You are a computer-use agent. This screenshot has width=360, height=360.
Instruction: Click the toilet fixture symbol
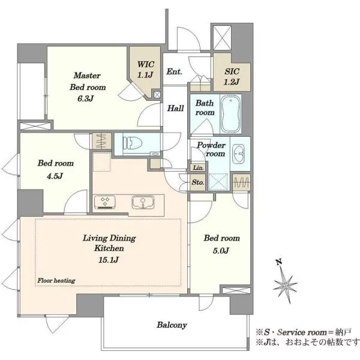(132, 143)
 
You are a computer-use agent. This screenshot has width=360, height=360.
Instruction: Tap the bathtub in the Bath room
(230, 113)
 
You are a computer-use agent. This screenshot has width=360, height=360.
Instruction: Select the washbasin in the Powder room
(239, 154)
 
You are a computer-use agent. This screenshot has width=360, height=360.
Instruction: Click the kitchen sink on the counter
(143, 202)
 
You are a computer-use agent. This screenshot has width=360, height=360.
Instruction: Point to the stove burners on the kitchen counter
(105, 202)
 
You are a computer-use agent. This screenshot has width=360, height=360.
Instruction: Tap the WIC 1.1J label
(145, 70)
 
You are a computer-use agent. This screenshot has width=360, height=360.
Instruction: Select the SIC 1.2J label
(232, 76)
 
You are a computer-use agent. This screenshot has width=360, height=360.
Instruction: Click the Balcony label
(172, 325)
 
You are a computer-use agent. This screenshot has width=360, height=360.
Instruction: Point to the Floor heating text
(56, 280)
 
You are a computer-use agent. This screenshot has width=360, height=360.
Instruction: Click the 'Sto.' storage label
(198, 182)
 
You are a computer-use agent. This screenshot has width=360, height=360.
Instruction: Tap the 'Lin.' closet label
(199, 167)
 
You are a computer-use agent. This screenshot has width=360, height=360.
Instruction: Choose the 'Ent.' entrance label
(174, 71)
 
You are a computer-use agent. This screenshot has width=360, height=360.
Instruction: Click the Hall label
(175, 108)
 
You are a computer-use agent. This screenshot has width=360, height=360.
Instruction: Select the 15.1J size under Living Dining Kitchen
(109, 260)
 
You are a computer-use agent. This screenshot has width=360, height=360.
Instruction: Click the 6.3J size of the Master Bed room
(85, 98)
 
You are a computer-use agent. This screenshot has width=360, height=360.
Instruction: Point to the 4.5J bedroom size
(55, 176)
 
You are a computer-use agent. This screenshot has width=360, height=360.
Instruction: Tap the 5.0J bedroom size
(221, 250)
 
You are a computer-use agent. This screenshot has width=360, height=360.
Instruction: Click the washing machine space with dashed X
(218, 182)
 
